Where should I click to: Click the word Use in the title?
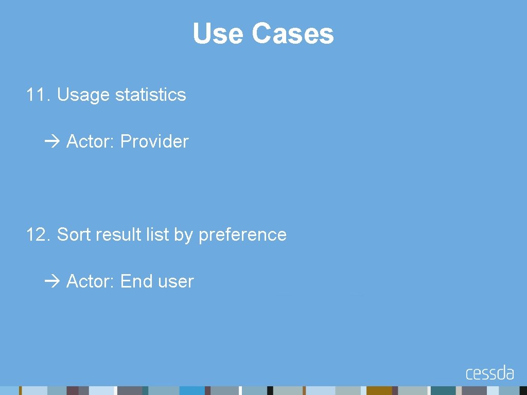[x=218, y=34]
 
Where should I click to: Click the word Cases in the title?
[x=292, y=34]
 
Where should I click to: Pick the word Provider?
[x=154, y=141]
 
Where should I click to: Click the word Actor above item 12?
[x=91, y=141]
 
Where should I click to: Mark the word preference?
[x=242, y=235]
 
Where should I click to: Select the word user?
[x=176, y=282]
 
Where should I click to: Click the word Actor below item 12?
[x=91, y=281]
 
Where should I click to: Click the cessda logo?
[x=489, y=372]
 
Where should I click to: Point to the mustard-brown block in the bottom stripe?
[x=379, y=390]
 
